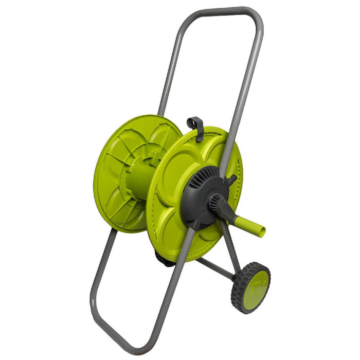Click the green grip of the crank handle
252,225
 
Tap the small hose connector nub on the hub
233,179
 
